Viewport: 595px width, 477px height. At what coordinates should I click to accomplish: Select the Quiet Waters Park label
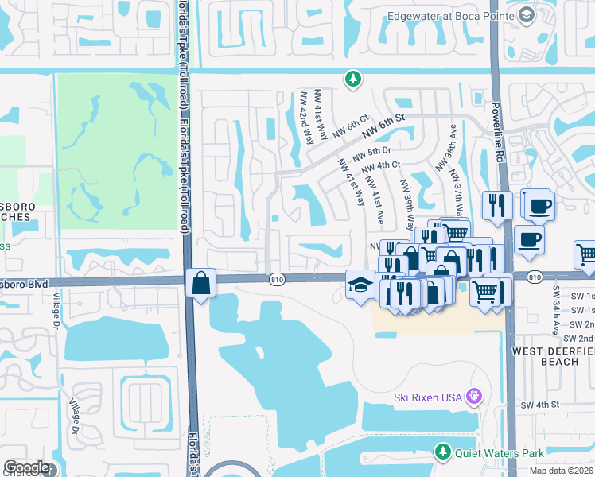click(499, 453)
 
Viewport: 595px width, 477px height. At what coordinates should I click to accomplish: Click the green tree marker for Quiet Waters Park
click(443, 452)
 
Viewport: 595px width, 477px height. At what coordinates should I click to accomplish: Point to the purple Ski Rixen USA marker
click(475, 396)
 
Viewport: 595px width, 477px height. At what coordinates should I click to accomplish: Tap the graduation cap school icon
click(360, 284)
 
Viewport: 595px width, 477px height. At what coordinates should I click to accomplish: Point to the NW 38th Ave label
click(444, 146)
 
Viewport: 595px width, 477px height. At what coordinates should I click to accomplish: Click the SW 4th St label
click(541, 405)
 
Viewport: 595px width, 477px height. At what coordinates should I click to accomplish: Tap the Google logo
click(26, 467)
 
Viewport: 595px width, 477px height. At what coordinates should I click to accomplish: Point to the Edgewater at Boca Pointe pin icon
click(526, 15)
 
